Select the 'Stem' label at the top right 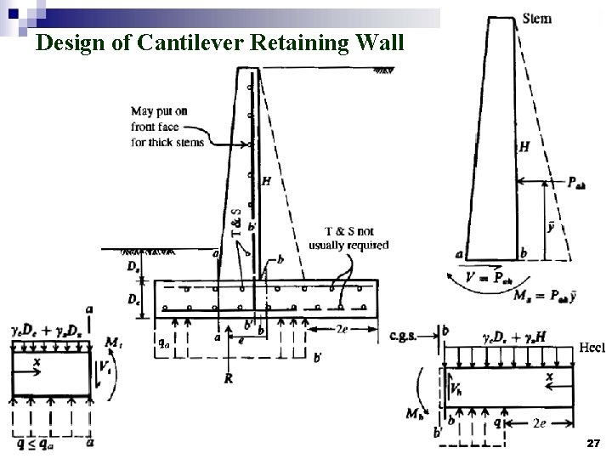click(536, 19)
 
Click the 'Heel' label click(592, 347)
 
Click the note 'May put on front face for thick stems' click(167, 126)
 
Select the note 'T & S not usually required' click(348, 238)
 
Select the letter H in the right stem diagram click(524, 147)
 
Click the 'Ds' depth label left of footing click(133, 267)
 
